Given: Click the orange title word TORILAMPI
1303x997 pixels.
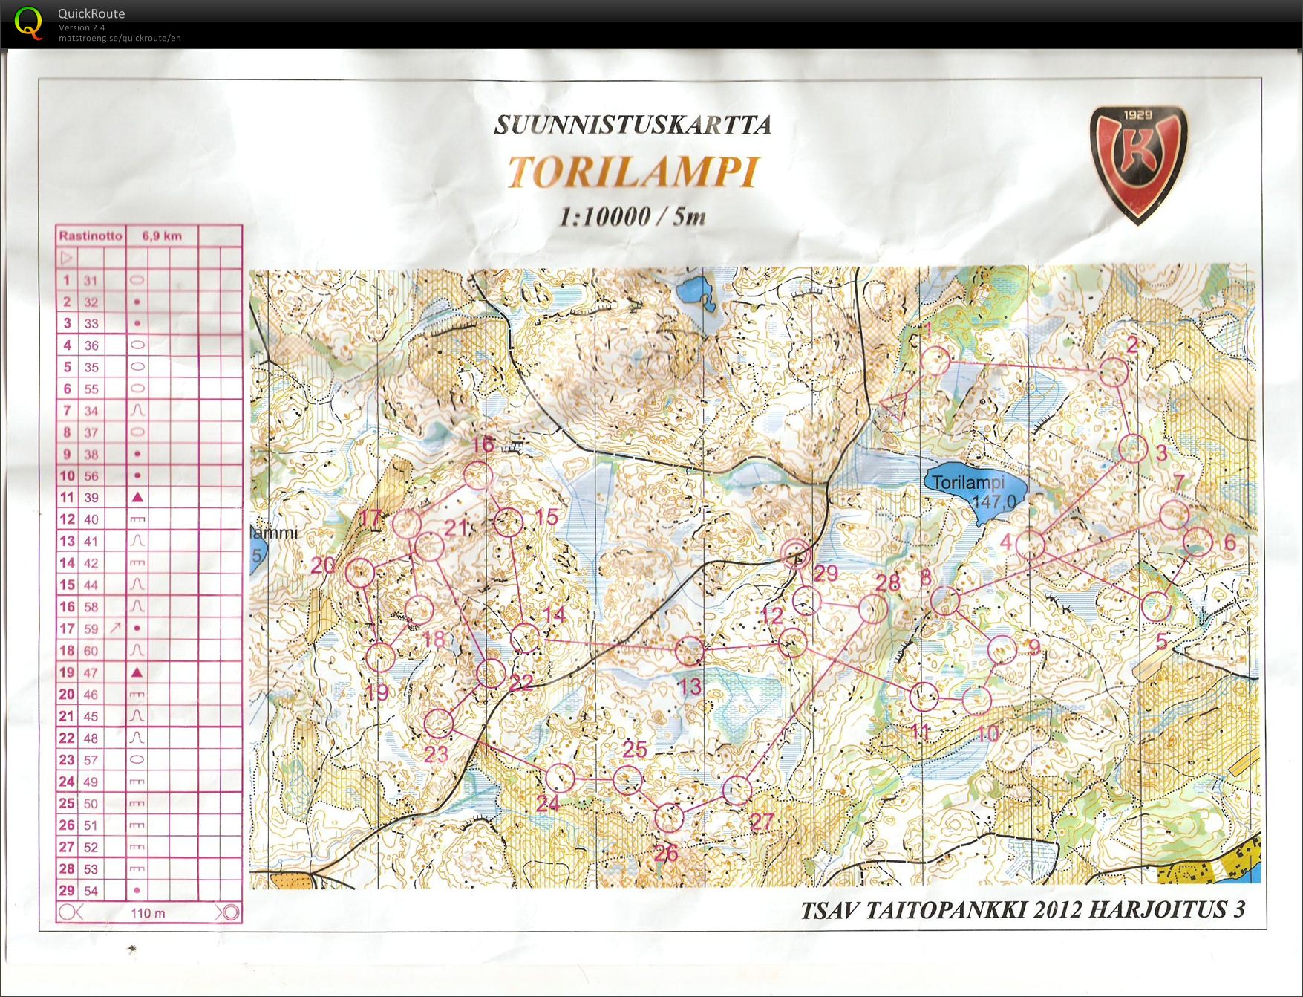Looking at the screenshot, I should [632, 172].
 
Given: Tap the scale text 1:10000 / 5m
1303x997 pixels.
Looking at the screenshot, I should [632, 217].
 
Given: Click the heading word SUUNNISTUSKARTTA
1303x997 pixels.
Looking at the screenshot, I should [632, 125].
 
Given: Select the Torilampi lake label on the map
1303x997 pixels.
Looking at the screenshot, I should [967, 483].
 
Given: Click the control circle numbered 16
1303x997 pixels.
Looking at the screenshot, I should [477, 476].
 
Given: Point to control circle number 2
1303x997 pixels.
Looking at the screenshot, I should [1113, 371].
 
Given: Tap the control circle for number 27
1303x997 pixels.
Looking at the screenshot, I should [737, 790].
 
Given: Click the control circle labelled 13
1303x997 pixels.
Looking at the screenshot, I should [689, 651].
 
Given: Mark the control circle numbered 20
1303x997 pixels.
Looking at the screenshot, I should [360, 573].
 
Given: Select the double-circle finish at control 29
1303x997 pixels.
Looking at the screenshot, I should [796, 553].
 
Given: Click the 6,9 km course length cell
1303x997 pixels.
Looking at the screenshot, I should [162, 236].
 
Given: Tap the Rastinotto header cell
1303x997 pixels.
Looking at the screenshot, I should [91, 236].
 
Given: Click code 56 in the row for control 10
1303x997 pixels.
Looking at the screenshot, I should [91, 476].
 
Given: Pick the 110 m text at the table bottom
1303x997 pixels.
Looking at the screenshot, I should [148, 913].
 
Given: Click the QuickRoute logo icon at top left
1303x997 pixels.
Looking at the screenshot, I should [28, 22].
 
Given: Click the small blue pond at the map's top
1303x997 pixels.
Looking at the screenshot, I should [695, 290].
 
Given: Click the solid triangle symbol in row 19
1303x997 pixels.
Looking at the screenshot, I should [137, 672].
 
